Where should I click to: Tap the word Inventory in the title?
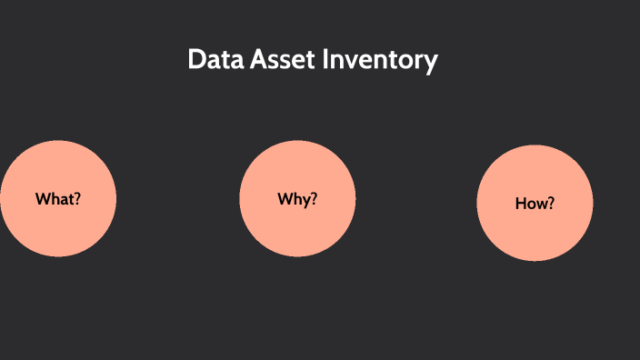tap(382, 62)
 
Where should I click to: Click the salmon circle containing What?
tap(58, 199)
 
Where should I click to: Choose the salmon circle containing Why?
tap(297, 199)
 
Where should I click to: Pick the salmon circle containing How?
tap(535, 204)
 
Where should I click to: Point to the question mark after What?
tap(77, 198)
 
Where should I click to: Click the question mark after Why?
tap(314, 198)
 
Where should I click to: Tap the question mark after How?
tap(551, 204)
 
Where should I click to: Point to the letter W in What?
tap(43, 198)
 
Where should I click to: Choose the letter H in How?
tap(521, 204)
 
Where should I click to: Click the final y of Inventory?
tap(432, 64)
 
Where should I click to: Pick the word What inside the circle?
tap(55, 198)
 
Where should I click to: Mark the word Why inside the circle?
tap(294, 199)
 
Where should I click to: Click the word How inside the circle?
tap(531, 204)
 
